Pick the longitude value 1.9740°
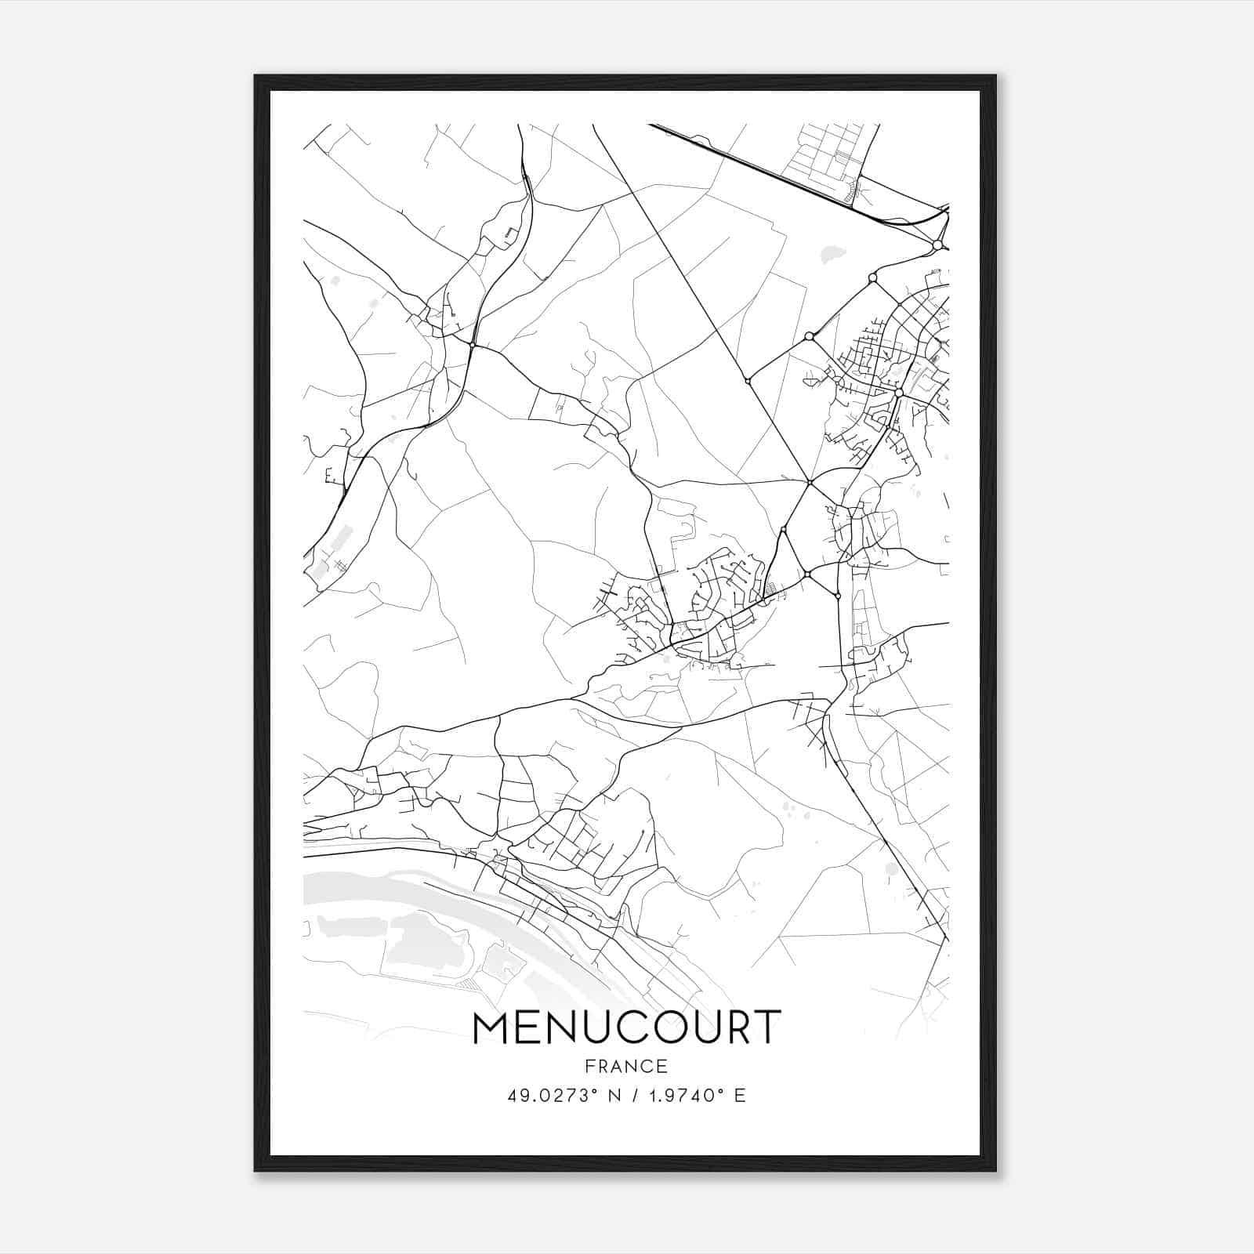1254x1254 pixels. pos(683,1095)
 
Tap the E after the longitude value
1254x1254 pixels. pos(739,1095)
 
